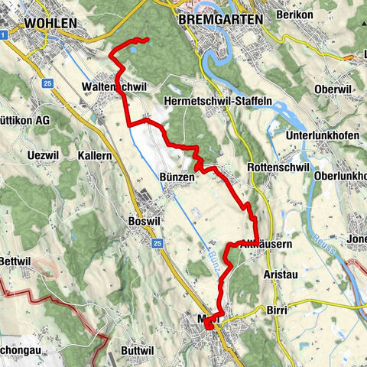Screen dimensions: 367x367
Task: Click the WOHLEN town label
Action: click(50, 24)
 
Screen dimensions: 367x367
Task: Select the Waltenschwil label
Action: click(117, 86)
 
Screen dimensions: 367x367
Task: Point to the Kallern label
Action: click(96, 154)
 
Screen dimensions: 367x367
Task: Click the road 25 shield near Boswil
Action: click(156, 243)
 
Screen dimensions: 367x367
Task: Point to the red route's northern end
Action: click(147, 38)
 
